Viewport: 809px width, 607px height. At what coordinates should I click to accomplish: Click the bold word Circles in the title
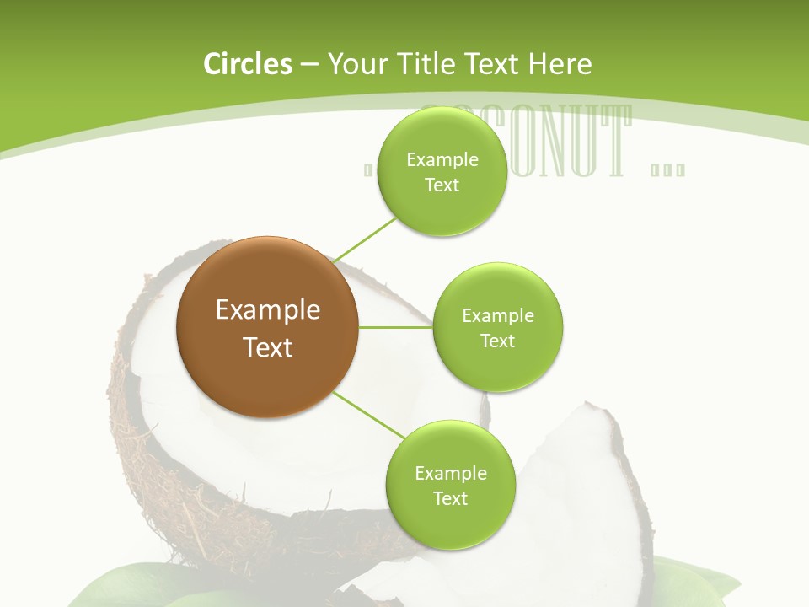[x=247, y=64]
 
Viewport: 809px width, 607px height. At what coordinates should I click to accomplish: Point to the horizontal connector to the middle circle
[x=395, y=327]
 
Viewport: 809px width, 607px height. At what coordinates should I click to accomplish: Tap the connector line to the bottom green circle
[x=368, y=416]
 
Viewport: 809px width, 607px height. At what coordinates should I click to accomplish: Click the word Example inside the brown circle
[x=267, y=310]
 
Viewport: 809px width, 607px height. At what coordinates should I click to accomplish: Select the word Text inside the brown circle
[x=267, y=347]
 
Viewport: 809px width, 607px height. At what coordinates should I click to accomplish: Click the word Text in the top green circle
[x=442, y=185]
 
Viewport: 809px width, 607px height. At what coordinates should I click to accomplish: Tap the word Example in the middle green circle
[x=497, y=316]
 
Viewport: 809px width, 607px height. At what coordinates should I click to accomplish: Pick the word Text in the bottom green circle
[x=450, y=498]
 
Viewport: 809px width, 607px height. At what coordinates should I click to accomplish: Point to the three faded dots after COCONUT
[x=668, y=171]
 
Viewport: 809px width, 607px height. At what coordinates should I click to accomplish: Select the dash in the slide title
[x=309, y=64]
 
